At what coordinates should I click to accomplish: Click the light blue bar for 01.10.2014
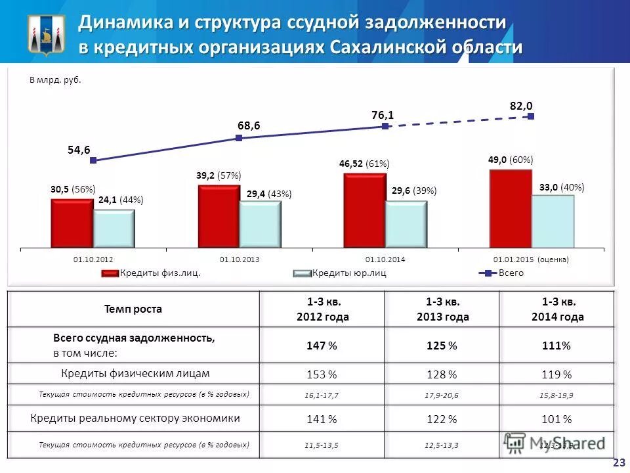click(406, 223)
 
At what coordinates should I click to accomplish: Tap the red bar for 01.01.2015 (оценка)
click(511, 208)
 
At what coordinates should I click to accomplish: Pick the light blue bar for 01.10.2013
click(260, 223)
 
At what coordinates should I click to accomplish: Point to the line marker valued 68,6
click(239, 138)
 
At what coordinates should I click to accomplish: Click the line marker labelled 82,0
click(531, 116)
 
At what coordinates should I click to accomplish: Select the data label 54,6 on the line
click(79, 150)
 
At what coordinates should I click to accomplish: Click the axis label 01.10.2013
click(240, 259)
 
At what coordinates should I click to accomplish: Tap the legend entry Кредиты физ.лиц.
click(152, 273)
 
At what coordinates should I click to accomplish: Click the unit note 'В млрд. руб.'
click(55, 81)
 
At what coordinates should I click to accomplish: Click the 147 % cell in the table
click(322, 346)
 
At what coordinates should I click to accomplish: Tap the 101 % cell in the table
click(558, 419)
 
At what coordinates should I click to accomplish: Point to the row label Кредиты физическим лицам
click(135, 373)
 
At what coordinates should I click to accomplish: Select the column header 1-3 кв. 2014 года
click(558, 309)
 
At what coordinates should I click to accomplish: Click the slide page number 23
click(618, 462)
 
